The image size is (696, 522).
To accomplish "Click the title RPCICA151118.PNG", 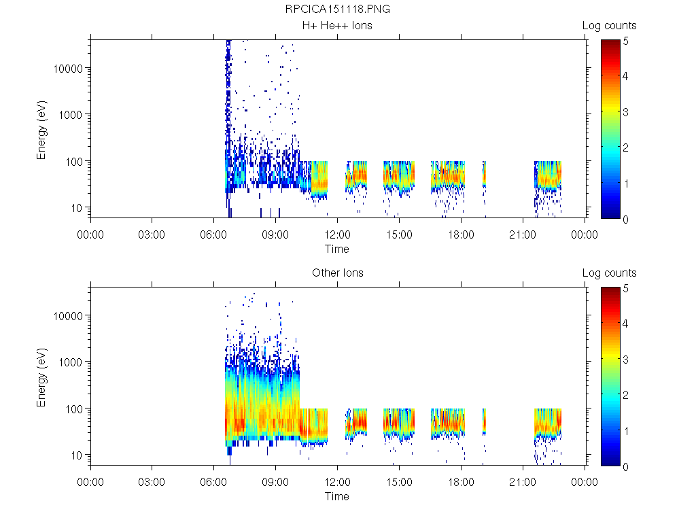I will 337,10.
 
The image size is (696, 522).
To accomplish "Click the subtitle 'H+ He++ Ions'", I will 337,26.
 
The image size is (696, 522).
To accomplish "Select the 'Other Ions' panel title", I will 337,273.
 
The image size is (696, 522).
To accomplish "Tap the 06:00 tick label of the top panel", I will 214,235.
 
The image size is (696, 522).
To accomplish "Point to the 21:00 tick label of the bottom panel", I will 523,483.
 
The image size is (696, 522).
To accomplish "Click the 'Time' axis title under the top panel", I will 337,249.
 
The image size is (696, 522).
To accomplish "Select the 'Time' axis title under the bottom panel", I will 337,496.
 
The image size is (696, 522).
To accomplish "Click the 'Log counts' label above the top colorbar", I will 609,26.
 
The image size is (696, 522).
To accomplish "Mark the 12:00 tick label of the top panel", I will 337,235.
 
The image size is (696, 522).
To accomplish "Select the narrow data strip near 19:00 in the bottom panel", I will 485,421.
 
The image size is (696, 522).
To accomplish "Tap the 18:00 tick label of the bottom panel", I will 461,483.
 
